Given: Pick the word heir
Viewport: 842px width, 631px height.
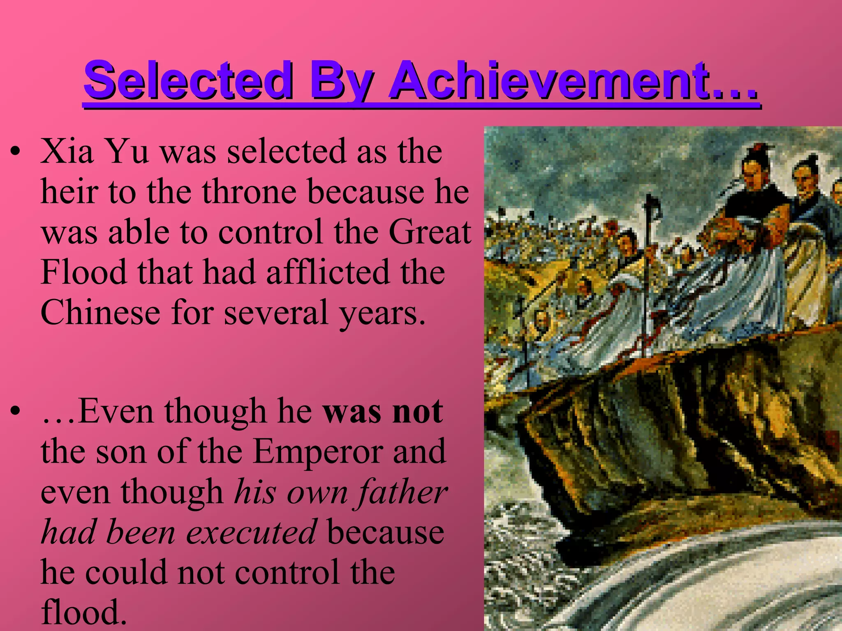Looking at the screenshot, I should (70, 192).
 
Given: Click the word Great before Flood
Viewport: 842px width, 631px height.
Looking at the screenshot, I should (430, 232).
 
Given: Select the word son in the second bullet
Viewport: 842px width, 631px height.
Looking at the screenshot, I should (121, 451).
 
